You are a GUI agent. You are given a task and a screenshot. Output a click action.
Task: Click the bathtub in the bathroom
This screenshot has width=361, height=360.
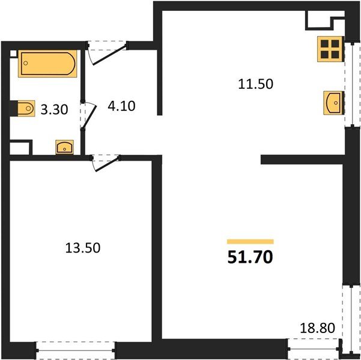tap(48, 64)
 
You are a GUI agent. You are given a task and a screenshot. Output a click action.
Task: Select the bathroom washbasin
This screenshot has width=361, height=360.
tap(64, 146)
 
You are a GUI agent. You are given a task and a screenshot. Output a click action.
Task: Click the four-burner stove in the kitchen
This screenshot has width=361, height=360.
tap(330, 49)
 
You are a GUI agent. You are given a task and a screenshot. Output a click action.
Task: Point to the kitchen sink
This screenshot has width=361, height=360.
tap(333, 103)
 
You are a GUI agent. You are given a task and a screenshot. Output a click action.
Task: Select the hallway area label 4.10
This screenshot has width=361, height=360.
tap(121, 107)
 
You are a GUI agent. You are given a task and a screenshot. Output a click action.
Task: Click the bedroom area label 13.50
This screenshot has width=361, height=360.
tap(80, 247)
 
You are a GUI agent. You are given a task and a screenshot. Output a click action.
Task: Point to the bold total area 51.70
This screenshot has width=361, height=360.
tap(250, 258)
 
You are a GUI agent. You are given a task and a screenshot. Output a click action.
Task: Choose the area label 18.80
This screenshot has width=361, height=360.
tap(317, 328)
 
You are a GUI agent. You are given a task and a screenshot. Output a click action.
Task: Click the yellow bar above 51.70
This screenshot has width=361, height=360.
tap(250, 241)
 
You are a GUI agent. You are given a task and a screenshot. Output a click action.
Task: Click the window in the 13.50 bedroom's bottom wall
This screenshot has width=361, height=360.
tap(75, 347)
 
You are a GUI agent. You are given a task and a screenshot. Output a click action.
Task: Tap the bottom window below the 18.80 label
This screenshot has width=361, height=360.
tap(313, 346)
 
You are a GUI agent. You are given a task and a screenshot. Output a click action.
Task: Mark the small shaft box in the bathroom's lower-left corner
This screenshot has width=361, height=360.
tap(20, 147)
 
